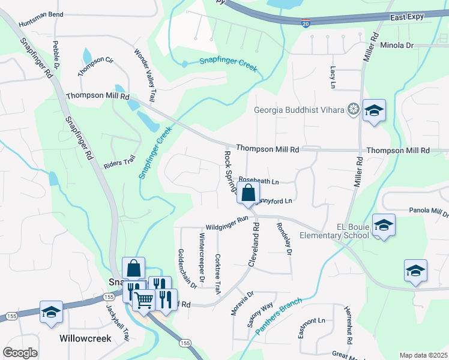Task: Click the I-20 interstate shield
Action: [x=306, y=23]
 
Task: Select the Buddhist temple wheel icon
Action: [x=354, y=109]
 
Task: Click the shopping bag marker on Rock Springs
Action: [x=248, y=194]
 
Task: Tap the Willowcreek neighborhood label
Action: [x=85, y=338]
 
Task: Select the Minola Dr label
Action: [x=397, y=45]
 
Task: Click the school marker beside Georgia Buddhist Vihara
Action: [x=374, y=110]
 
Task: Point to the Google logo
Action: [x=20, y=352]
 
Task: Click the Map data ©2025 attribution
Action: [x=423, y=355]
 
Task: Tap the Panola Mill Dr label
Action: [x=428, y=211]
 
